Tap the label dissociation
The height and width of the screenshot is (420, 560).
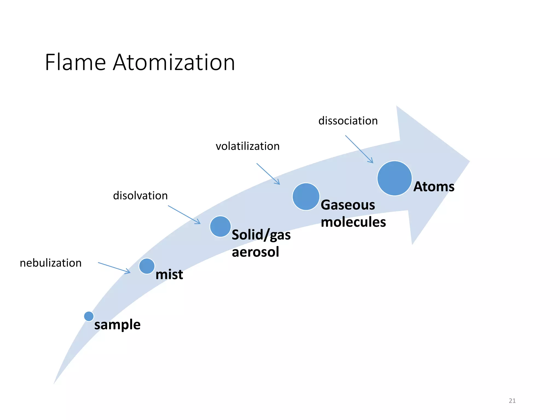point(348,121)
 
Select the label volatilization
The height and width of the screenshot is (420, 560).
point(247,146)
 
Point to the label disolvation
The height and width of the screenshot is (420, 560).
point(140,196)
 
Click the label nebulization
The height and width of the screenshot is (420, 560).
point(51,263)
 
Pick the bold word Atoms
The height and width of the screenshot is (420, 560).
point(434,187)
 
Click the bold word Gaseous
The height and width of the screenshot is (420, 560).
point(348,205)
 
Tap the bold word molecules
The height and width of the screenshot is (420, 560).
point(353,222)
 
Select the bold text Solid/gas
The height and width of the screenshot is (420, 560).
point(261,235)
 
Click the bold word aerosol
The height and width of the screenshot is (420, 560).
point(255,252)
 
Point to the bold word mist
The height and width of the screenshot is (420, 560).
point(169,274)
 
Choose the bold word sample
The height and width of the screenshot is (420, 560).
point(117,325)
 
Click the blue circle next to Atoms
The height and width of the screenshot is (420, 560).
point(394,178)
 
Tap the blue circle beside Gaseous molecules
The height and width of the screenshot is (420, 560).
point(306,197)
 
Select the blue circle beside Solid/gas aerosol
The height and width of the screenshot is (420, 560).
point(220,226)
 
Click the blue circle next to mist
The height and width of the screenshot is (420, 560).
point(147,266)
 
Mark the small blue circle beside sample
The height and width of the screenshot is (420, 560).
point(89,316)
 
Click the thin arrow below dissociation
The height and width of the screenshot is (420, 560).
point(359,149)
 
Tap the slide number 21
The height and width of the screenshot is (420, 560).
point(512,401)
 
